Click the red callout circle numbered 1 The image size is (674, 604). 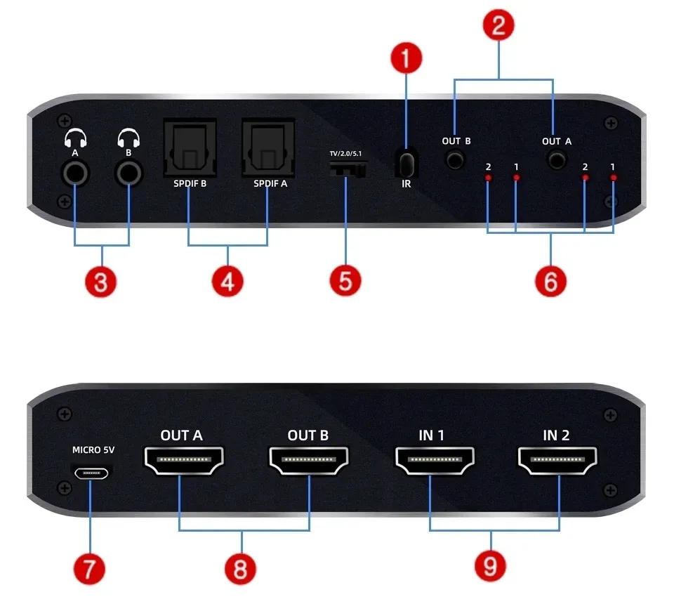(x=407, y=59)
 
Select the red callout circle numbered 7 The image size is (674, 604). (x=89, y=567)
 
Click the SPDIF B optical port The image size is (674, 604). (x=190, y=147)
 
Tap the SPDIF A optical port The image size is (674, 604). (x=268, y=147)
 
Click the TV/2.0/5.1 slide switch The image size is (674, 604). (x=348, y=169)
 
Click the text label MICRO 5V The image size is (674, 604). (x=91, y=449)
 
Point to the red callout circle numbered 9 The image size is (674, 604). (x=490, y=565)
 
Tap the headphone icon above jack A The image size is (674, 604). (x=74, y=136)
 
